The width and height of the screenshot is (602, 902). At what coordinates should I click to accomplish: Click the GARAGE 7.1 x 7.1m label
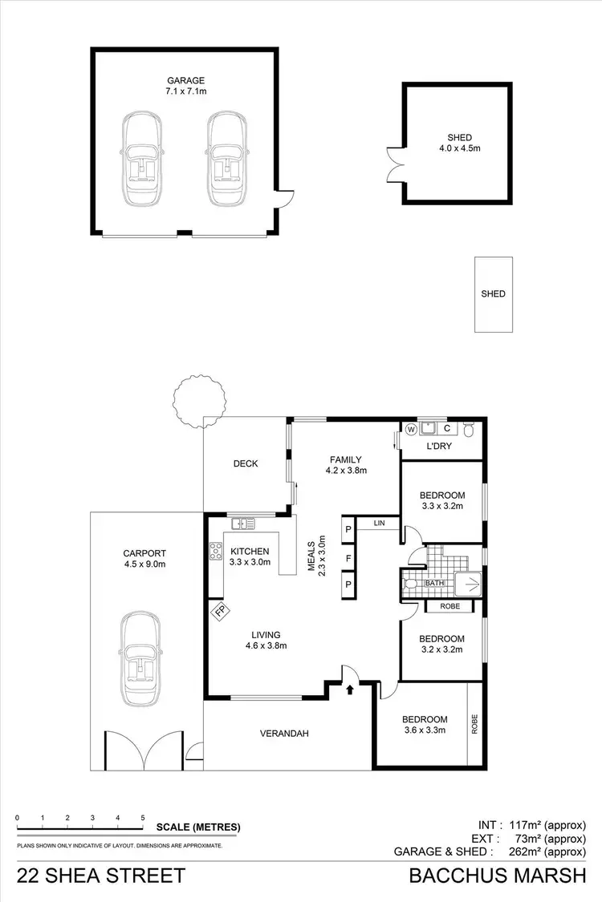(x=186, y=86)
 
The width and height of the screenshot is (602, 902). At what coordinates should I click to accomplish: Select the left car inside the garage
(x=142, y=159)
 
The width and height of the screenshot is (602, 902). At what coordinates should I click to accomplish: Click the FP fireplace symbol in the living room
(x=219, y=611)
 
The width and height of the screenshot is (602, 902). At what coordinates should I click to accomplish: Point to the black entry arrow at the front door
(x=351, y=687)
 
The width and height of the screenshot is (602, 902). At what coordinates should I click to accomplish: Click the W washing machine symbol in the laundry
(x=412, y=428)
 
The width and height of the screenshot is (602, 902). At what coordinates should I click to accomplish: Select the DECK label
(x=245, y=463)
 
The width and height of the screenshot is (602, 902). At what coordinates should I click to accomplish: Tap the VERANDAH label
(x=284, y=733)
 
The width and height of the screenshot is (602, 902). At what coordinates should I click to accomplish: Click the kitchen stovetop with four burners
(x=216, y=552)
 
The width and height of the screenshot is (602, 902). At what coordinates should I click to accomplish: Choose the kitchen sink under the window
(x=242, y=524)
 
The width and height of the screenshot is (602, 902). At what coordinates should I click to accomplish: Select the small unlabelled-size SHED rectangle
(x=493, y=294)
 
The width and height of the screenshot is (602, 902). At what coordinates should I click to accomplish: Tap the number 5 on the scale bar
(x=143, y=818)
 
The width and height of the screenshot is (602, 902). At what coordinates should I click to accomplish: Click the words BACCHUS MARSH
(x=498, y=876)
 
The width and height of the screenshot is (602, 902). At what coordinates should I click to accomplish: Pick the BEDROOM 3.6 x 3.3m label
(x=425, y=724)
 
